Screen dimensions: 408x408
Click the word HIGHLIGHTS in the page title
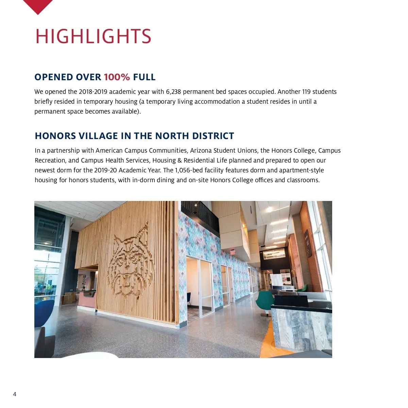(x=93, y=36)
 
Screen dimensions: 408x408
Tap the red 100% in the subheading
(x=117, y=77)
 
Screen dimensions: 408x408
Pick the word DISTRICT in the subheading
(x=213, y=136)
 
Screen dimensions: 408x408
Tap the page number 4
(x=15, y=394)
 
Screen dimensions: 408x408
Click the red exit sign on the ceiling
(x=233, y=252)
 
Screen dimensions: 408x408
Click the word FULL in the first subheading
(x=144, y=77)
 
